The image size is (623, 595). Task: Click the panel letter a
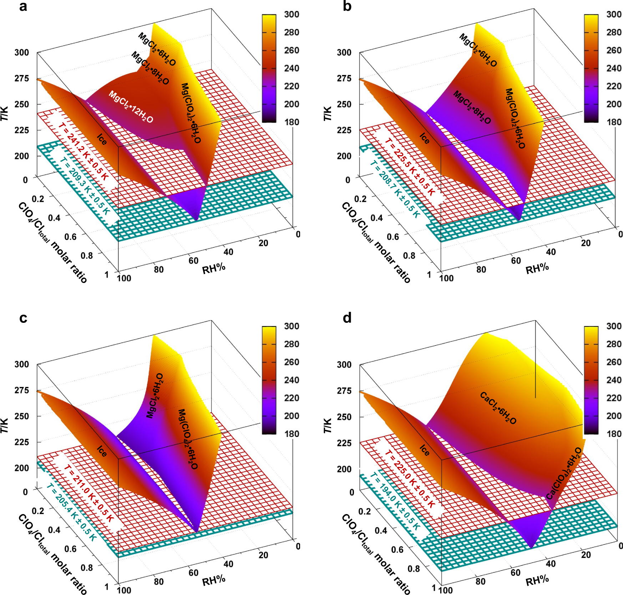[23, 6]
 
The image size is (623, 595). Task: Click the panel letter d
[347, 317]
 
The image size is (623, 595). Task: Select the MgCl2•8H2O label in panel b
[472, 107]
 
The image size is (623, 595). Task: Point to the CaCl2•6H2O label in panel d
[498, 407]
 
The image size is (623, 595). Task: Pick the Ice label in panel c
[102, 451]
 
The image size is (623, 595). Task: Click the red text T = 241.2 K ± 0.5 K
[83, 152]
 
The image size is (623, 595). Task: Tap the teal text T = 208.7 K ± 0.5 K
[395, 189]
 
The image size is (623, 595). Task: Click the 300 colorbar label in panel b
[614, 14]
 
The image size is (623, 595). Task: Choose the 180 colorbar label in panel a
[292, 122]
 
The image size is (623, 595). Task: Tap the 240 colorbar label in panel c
[292, 380]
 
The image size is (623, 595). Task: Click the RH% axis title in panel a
[214, 268]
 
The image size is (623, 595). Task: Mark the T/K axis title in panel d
[328, 425]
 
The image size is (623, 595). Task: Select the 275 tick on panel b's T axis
[344, 78]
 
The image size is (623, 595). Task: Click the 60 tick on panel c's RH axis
[193, 573]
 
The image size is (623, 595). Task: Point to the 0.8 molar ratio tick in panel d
[414, 568]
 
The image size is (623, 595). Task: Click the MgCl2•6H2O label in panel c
[155, 396]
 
